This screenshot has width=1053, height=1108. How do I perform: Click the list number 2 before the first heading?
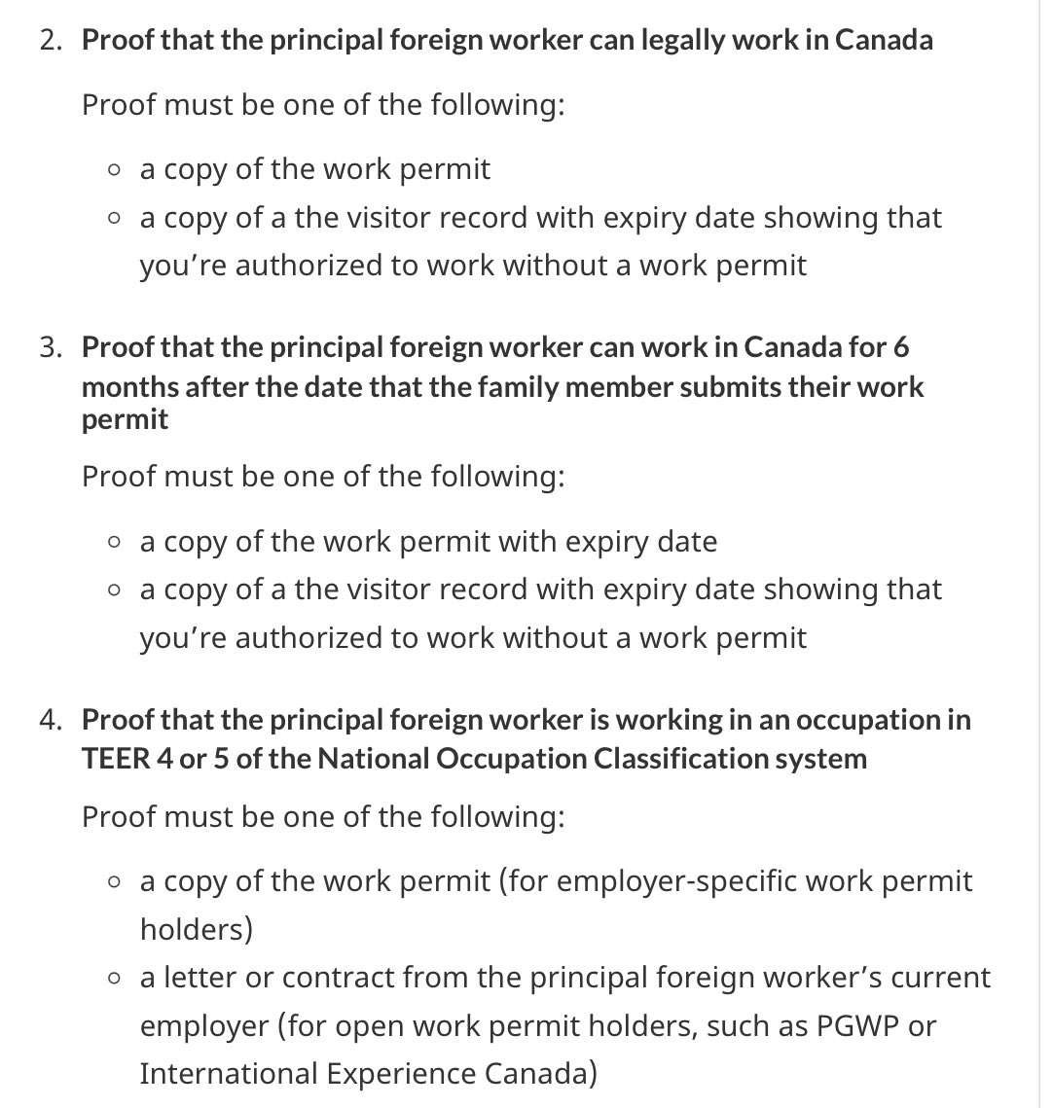coord(50,41)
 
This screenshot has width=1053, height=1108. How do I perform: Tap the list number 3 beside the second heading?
coord(50,347)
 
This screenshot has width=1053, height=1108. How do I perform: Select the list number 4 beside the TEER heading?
coord(50,721)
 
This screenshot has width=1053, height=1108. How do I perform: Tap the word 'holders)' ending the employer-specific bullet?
coord(196,929)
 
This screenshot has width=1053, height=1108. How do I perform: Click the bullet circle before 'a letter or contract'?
coord(116,978)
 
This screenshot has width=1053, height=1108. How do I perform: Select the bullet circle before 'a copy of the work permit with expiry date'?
coord(116,542)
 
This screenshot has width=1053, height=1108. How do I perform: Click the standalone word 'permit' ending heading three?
coord(125,420)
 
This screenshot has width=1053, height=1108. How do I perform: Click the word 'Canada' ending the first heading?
coord(884,41)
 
